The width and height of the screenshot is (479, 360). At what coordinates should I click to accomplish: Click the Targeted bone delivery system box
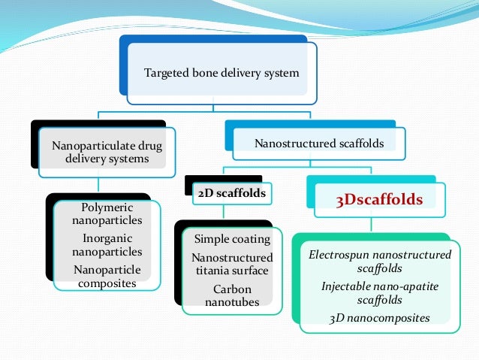click(222, 73)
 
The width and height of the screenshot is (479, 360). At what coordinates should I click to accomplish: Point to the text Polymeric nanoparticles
click(107, 214)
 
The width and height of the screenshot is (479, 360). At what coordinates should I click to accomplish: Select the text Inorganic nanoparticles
click(107, 245)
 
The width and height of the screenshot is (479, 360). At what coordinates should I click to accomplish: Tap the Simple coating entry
click(232, 239)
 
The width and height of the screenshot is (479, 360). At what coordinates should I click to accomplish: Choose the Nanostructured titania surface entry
click(232, 264)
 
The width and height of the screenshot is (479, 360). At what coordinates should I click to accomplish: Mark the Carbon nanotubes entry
click(232, 295)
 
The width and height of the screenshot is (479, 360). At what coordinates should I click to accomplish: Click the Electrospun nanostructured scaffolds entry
click(380, 261)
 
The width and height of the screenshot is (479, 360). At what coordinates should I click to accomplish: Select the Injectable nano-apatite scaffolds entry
click(380, 292)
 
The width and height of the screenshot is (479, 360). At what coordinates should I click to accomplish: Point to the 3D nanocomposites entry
click(380, 318)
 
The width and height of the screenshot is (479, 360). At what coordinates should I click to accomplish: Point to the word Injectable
click(346, 286)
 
